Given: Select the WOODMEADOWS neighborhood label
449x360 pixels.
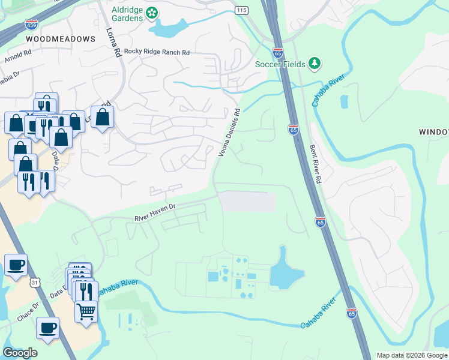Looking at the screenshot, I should click(x=61, y=39).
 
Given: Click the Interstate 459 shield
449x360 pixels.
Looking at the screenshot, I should click(x=31, y=25).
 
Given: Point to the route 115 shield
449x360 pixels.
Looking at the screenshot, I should click(x=241, y=11).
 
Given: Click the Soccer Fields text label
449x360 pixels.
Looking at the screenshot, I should click(x=280, y=64).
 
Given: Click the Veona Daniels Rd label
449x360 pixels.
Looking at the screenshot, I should click(x=229, y=133).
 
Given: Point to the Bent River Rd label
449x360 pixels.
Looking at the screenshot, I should click(x=316, y=163).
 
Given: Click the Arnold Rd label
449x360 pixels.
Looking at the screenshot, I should click(x=17, y=59).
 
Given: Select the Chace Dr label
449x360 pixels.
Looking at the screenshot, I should click(x=28, y=313).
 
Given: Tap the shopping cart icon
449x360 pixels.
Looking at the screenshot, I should click(x=86, y=311).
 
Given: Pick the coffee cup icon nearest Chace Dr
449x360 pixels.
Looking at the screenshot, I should click(x=48, y=328).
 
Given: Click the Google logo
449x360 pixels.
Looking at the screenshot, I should click(x=20, y=353).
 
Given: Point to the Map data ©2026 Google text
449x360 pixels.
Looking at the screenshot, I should click(x=411, y=355).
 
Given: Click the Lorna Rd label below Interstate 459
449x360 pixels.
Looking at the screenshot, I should click(x=114, y=43).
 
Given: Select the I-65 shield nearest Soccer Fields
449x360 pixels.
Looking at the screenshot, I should click(x=277, y=53).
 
